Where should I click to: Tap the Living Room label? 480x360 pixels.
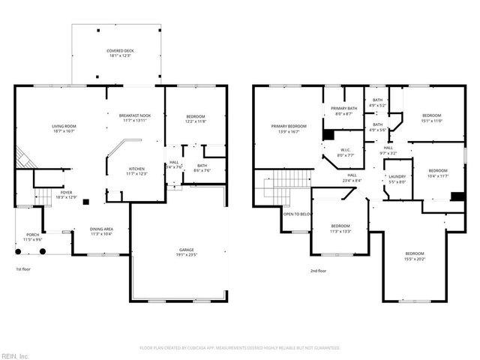[x=64, y=128]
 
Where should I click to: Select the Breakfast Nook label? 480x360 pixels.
[x=135, y=117]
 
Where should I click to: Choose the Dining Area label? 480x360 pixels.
[x=102, y=231]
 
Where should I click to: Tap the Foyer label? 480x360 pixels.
[x=66, y=195]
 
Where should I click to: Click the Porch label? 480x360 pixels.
[x=32, y=236]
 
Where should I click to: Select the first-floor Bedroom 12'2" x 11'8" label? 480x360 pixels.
[x=195, y=118]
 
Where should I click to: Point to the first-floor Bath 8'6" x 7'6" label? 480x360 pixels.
[x=202, y=168]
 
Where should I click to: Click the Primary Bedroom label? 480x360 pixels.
[x=289, y=128]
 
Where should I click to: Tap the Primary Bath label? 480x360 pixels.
[x=344, y=111]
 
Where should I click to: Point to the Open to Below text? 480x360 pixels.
[x=297, y=214]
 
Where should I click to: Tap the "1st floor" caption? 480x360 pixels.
[x=24, y=268]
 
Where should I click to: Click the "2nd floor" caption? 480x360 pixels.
[x=318, y=271]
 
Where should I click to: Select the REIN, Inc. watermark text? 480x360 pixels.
[x=15, y=355]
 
